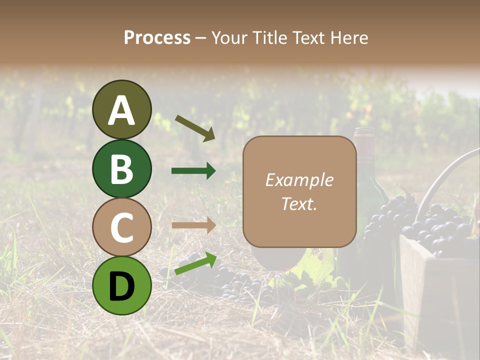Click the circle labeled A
(x=121, y=109)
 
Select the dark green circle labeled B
(x=121, y=168)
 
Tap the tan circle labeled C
(x=121, y=227)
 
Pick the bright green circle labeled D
(x=121, y=285)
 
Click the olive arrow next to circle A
(x=195, y=128)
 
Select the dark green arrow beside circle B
(x=193, y=171)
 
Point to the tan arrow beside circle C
(x=193, y=225)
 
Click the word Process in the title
(x=157, y=37)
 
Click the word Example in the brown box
(x=299, y=180)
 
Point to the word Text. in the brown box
(x=299, y=203)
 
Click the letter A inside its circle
(x=121, y=110)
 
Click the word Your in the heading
(x=228, y=37)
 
